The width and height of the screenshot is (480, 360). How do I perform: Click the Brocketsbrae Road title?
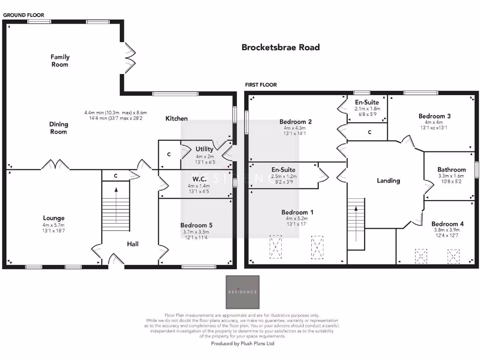point(280,47)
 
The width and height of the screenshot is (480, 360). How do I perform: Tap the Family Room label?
point(60,60)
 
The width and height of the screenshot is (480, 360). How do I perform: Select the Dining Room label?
point(59,128)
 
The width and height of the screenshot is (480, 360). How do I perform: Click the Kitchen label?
point(177,119)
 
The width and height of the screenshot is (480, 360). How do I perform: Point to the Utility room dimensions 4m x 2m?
point(204,156)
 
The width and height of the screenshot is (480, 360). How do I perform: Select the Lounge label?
point(54,218)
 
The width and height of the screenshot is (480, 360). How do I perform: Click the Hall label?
point(133,244)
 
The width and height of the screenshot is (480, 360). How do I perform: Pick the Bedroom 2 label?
point(295,122)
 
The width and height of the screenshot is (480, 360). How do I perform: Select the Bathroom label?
point(451,170)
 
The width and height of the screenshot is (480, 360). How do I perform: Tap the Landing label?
point(389,180)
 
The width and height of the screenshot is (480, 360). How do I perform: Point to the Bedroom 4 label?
point(448,224)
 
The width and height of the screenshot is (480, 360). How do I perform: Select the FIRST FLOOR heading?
point(261,85)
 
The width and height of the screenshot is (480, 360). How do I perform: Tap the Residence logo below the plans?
point(242,292)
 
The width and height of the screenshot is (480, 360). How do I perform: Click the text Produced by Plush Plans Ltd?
point(242,344)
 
